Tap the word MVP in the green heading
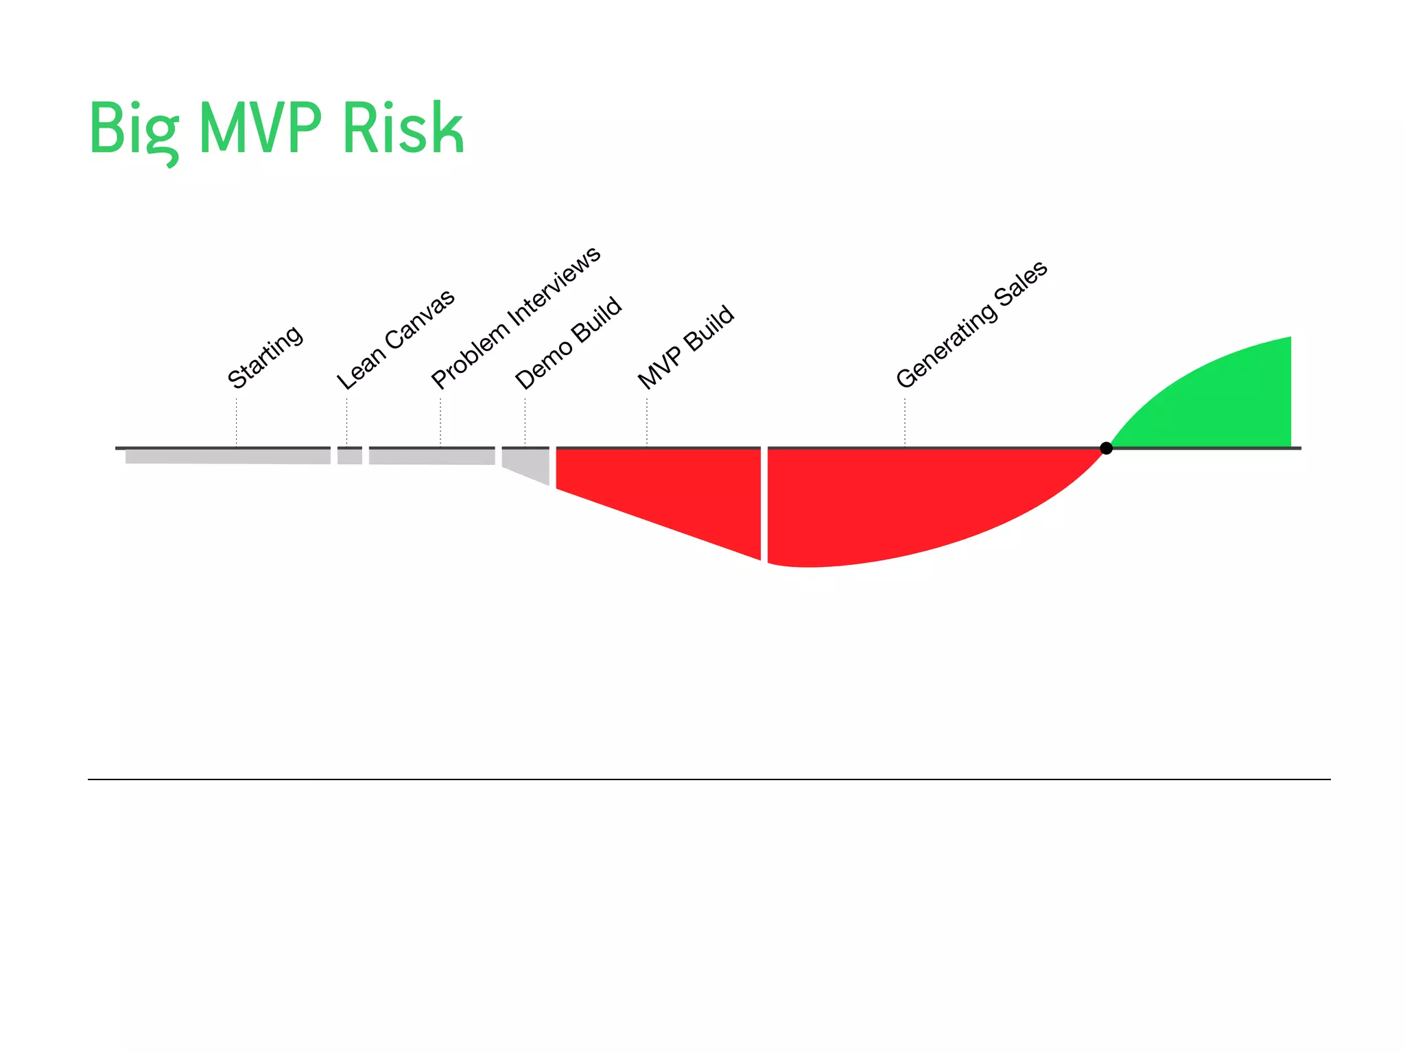click(x=260, y=128)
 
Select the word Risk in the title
click(x=403, y=128)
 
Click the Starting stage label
click(x=265, y=356)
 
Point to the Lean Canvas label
click(x=396, y=339)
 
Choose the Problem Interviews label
click(x=516, y=317)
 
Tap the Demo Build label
click(x=569, y=342)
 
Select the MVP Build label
click(x=686, y=347)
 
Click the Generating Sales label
click(x=972, y=324)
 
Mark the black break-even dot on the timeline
click(x=1106, y=448)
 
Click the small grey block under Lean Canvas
click(x=350, y=457)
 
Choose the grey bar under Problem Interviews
click(x=432, y=457)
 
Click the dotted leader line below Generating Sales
click(x=905, y=422)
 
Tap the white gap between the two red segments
click(x=764, y=504)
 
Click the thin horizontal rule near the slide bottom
click(x=709, y=779)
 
